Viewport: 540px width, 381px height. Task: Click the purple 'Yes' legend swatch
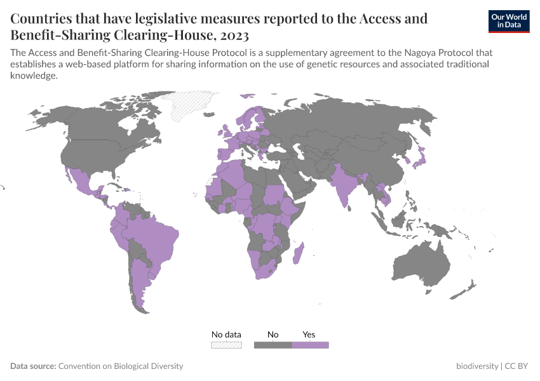(x=310, y=345)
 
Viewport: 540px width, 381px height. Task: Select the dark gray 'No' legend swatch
(x=273, y=345)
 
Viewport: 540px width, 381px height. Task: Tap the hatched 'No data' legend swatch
(x=226, y=345)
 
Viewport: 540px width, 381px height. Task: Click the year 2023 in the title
(x=233, y=35)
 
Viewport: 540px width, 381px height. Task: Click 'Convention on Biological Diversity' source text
(x=121, y=366)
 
